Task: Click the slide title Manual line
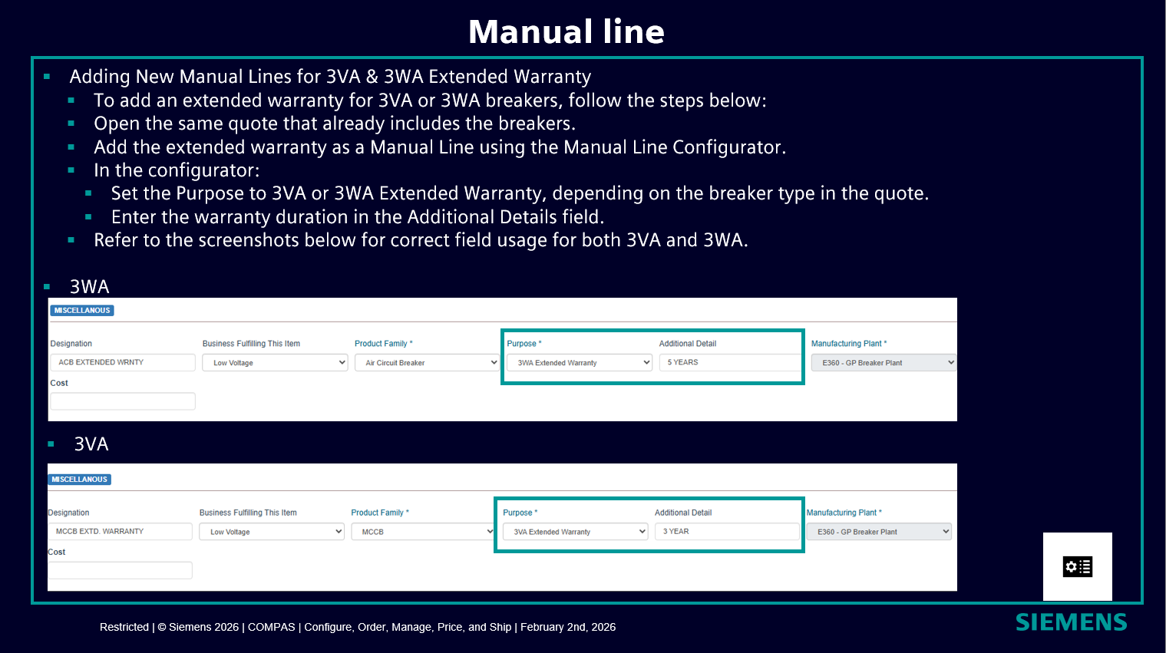pos(566,31)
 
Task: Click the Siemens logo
pos(1072,622)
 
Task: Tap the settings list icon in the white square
pos(1078,566)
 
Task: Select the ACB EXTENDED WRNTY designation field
pos(123,362)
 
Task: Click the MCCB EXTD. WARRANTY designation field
pos(121,531)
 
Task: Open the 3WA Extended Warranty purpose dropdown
pos(580,363)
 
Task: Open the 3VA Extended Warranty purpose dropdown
pos(575,532)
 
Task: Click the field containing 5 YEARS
pos(730,362)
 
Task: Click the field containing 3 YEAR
pos(727,531)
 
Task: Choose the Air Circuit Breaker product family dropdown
pos(427,363)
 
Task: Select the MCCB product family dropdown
pos(423,532)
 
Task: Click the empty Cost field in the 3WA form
pos(123,401)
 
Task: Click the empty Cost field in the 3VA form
pos(121,570)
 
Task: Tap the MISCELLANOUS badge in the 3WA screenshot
pos(82,310)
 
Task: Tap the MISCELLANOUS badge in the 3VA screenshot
pos(80,480)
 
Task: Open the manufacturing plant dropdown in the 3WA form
pos(884,363)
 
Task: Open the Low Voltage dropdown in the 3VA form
pos(272,532)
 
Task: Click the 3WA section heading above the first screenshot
pos(90,287)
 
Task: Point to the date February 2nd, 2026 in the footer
pos(568,627)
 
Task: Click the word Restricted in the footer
pos(124,627)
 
